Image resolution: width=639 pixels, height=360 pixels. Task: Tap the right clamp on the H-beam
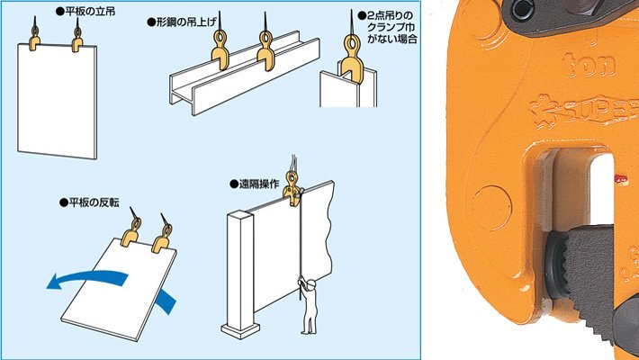click(x=266, y=50)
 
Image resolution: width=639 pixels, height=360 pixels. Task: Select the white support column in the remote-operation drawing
click(x=243, y=270)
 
